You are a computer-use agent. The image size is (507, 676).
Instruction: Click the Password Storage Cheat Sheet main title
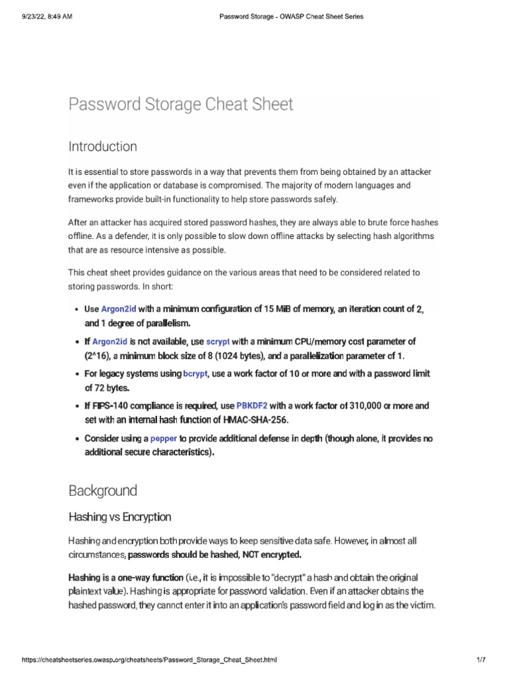tap(181, 104)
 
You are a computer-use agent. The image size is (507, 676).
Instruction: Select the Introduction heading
tap(102, 146)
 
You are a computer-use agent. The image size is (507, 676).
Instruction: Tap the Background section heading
tap(102, 490)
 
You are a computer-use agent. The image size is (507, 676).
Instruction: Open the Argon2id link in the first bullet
tap(118, 309)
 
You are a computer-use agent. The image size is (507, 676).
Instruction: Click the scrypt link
tap(218, 341)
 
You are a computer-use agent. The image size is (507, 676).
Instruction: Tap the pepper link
tap(164, 438)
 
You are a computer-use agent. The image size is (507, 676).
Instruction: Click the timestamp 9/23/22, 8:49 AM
tap(39, 16)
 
